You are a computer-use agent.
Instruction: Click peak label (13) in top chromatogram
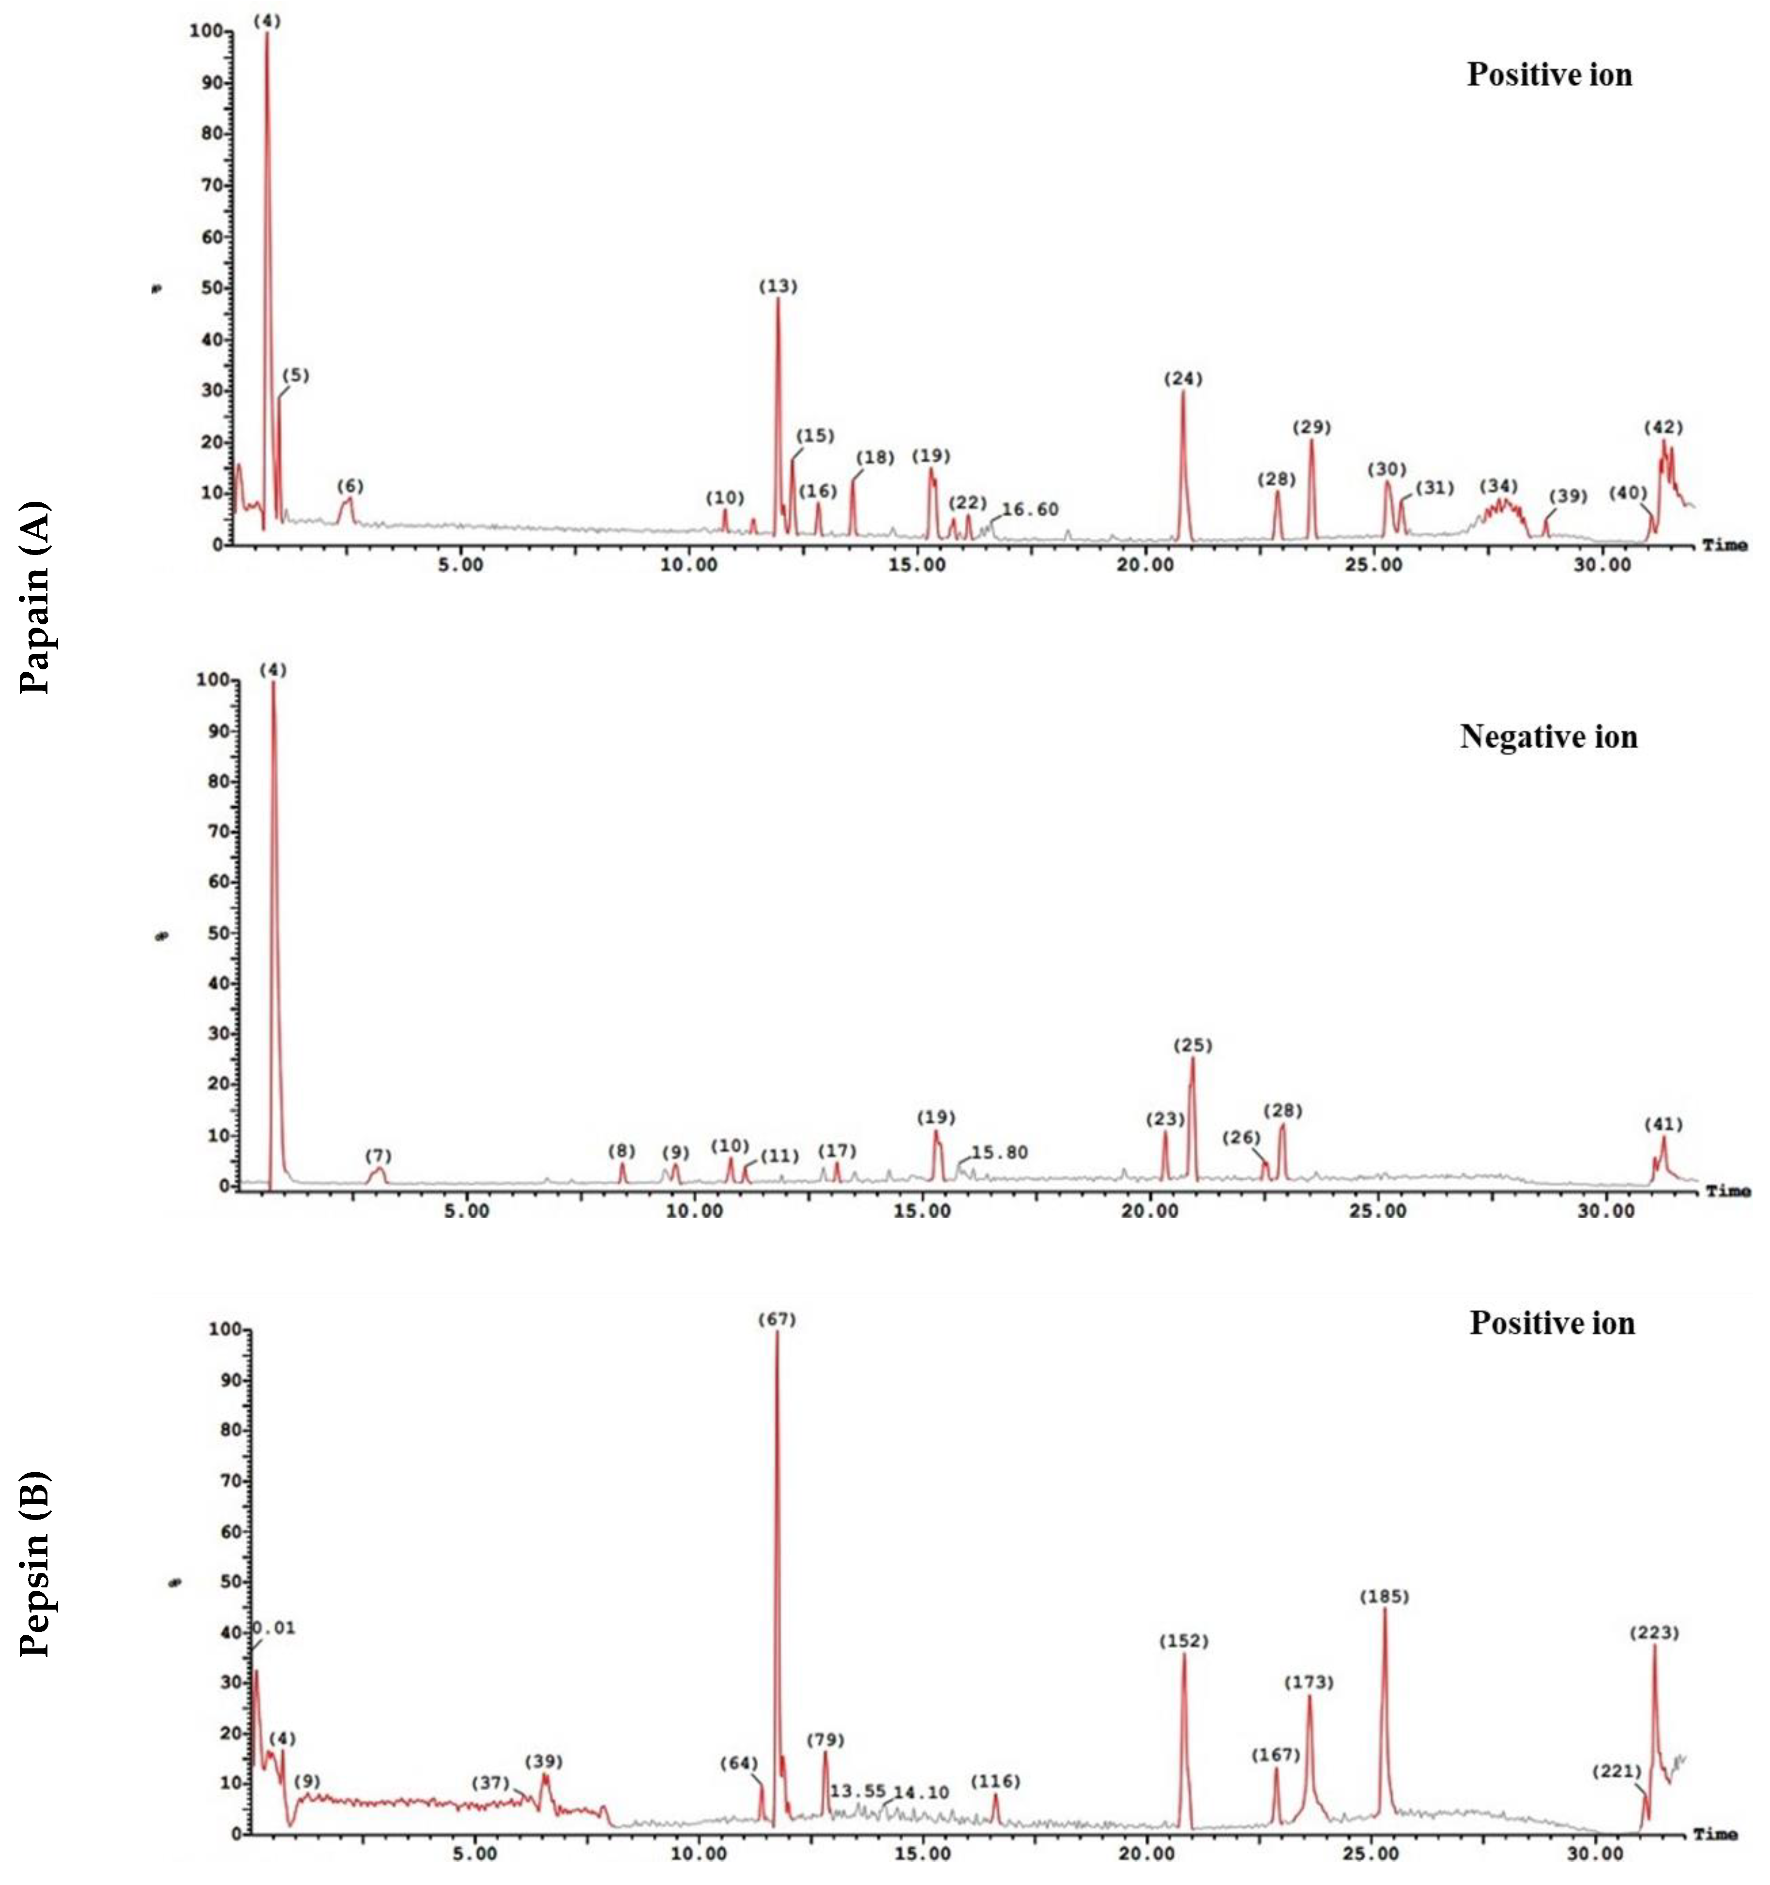click(778, 287)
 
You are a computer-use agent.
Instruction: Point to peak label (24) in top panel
click(1183, 379)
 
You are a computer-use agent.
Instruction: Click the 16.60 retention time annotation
click(1029, 510)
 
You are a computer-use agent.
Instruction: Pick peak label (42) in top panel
click(1663, 428)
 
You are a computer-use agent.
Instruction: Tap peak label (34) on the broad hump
click(1499, 487)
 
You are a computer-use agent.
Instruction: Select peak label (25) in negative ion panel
click(1192, 1045)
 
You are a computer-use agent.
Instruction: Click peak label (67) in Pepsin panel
click(776, 1320)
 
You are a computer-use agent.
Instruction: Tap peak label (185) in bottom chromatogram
click(1384, 1597)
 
